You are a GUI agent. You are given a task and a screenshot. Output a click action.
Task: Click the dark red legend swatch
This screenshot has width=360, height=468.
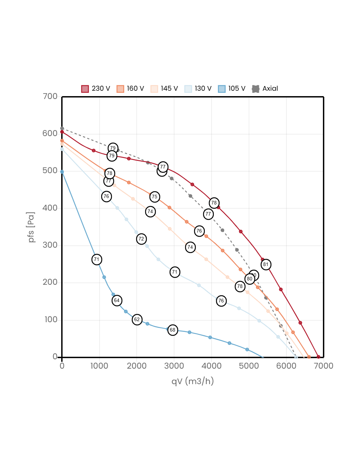(85, 89)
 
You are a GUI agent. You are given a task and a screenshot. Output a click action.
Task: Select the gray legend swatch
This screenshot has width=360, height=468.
(256, 89)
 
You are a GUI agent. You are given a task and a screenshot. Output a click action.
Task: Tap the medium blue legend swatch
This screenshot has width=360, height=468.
(222, 89)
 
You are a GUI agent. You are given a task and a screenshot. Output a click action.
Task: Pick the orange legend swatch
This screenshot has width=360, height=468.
(120, 89)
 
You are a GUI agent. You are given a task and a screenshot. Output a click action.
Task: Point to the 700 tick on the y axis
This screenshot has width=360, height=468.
(50, 96)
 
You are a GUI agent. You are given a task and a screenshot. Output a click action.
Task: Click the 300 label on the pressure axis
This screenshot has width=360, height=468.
(50, 245)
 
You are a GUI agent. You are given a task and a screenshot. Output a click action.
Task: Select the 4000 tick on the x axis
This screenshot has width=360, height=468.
(211, 366)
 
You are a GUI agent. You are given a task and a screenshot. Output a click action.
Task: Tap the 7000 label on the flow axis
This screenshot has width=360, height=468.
(323, 366)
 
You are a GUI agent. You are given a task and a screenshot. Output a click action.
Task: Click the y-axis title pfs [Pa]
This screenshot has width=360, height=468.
(32, 227)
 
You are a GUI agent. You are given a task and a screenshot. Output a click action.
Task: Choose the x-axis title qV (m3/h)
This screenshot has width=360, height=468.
(193, 381)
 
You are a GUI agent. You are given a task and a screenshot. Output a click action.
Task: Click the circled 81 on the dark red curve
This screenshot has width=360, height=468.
(266, 265)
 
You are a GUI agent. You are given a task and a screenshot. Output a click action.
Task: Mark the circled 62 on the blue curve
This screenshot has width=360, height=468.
(137, 320)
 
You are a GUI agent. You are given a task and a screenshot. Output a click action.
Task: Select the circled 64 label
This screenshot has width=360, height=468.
(117, 301)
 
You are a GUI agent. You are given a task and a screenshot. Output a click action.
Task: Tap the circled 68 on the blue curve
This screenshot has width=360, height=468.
(172, 330)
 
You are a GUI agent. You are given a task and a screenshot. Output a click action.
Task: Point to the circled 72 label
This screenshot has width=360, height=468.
(141, 239)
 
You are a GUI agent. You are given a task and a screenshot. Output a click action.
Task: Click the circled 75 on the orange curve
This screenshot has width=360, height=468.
(154, 197)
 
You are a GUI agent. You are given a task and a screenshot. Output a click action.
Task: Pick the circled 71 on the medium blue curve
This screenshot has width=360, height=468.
(96, 260)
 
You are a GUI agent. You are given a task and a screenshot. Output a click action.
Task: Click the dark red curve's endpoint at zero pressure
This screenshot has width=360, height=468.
(318, 357)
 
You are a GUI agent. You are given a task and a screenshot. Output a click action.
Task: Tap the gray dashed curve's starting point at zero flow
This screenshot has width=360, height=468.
(62, 128)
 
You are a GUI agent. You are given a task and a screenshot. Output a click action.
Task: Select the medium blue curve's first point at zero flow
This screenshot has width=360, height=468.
(62, 172)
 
